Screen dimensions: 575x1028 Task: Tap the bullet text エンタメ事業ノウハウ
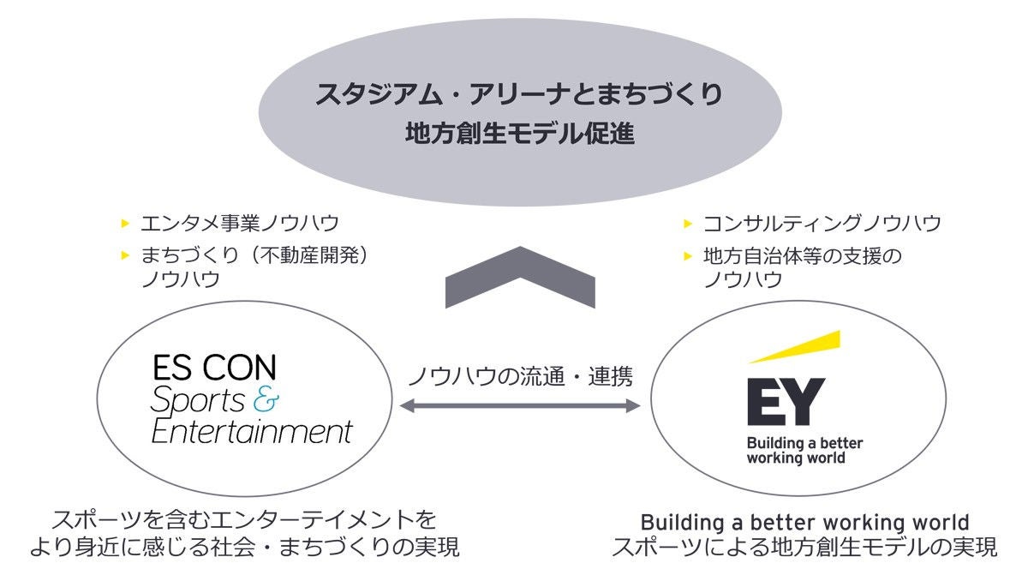(x=240, y=224)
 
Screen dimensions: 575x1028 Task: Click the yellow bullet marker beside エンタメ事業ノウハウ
(x=125, y=224)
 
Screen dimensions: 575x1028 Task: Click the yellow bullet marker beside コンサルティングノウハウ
(x=687, y=224)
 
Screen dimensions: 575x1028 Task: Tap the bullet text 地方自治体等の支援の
(x=803, y=255)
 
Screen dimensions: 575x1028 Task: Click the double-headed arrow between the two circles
(x=520, y=405)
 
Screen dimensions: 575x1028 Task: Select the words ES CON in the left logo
(x=214, y=368)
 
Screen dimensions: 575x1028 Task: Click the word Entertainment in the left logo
(x=251, y=431)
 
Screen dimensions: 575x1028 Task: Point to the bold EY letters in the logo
(x=785, y=401)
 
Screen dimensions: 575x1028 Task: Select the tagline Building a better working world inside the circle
(x=804, y=451)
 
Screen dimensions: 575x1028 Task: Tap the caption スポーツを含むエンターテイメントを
(x=244, y=519)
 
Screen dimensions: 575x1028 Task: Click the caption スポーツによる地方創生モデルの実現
(x=804, y=547)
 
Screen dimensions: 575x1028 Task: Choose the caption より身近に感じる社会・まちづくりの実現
(x=244, y=547)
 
